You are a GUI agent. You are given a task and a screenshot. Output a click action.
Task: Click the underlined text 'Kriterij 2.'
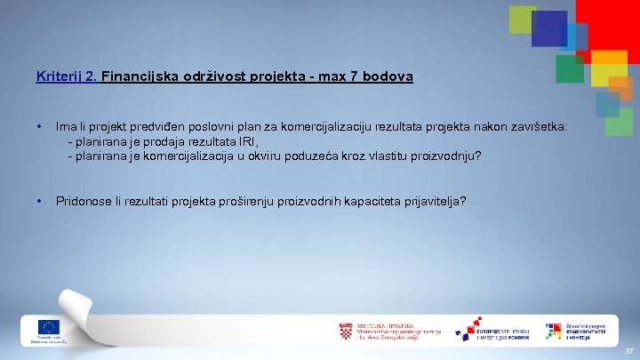[67, 77]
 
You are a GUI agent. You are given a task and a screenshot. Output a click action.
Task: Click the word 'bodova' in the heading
[388, 77]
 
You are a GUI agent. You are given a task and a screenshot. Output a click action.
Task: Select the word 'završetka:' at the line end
[538, 127]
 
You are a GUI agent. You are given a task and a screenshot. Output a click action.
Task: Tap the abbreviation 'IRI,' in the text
[247, 141]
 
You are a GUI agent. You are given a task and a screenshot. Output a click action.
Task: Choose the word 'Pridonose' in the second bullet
[84, 201]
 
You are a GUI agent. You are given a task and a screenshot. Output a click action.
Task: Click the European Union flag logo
[48, 326]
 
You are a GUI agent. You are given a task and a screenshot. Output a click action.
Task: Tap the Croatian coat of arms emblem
[346, 332]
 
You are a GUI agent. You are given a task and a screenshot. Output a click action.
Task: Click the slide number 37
[628, 351]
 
